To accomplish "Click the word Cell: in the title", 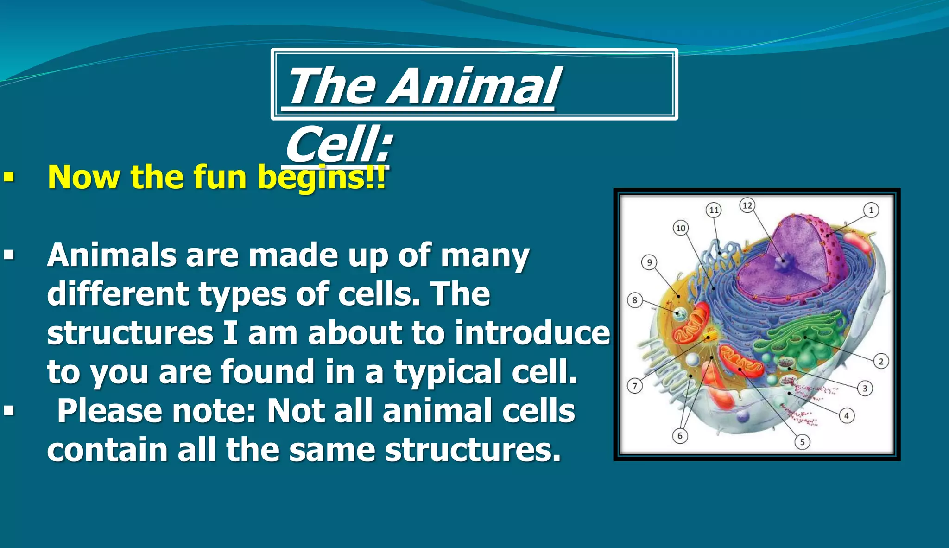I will pyautogui.click(x=339, y=144).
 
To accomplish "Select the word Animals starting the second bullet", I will pyautogui.click(x=112, y=255).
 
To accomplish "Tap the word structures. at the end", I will pyautogui.click(x=473, y=450).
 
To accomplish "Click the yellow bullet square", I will pyautogui.click(x=9, y=177).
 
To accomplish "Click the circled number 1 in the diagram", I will pyautogui.click(x=871, y=210).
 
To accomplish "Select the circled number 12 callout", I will pyautogui.click(x=747, y=205).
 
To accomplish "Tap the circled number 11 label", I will pyautogui.click(x=714, y=210).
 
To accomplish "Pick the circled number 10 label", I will pyautogui.click(x=680, y=228).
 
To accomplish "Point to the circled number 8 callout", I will pyautogui.click(x=635, y=300).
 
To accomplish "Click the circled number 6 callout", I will pyautogui.click(x=680, y=435).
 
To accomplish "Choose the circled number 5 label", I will pyautogui.click(x=803, y=442).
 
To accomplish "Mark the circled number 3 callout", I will pyautogui.click(x=865, y=388).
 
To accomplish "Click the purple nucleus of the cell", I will pyautogui.click(x=783, y=260).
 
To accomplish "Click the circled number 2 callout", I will pyautogui.click(x=881, y=361).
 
